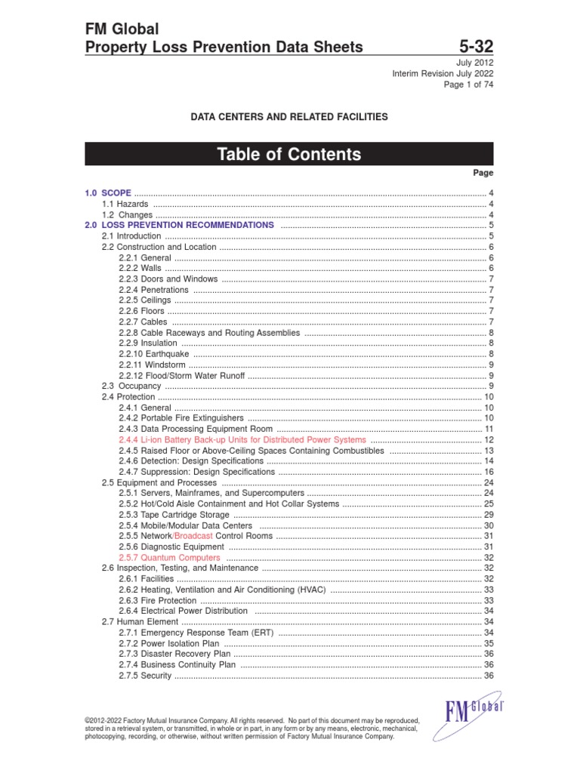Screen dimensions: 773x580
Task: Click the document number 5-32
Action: click(x=472, y=47)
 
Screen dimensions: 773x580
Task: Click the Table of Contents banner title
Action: click(x=289, y=155)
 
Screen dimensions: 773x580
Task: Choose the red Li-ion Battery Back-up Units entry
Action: click(x=242, y=439)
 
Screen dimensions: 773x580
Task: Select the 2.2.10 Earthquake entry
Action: click(x=153, y=353)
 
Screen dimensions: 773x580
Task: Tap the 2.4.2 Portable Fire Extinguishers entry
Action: click(x=181, y=417)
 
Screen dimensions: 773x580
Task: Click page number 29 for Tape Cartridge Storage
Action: click(x=489, y=514)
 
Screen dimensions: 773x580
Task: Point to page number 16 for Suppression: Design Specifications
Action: click(x=489, y=471)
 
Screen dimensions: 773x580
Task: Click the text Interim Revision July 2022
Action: click(x=443, y=73)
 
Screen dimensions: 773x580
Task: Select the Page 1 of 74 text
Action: click(x=468, y=85)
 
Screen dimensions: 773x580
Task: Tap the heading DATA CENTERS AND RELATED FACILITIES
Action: click(x=289, y=117)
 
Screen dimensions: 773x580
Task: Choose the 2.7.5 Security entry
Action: click(x=145, y=676)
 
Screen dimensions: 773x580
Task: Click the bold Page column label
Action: click(x=483, y=173)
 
